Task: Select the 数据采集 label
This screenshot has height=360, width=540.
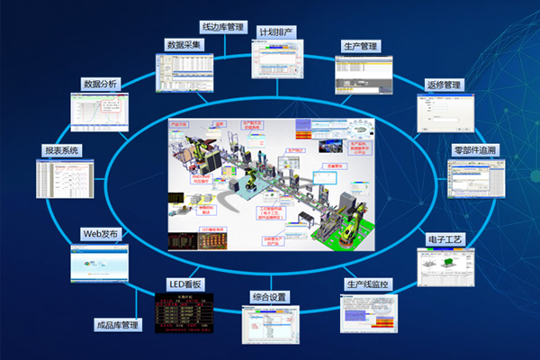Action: [x=185, y=43]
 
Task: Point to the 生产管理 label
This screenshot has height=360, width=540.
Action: [x=362, y=46]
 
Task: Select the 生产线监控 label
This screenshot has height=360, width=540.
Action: [x=369, y=284]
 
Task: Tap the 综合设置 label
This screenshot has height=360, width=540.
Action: [x=269, y=296]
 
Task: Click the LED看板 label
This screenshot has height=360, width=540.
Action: [x=186, y=283]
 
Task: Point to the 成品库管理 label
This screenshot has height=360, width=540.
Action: [x=117, y=323]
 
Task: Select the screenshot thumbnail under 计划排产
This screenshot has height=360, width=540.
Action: [x=278, y=60]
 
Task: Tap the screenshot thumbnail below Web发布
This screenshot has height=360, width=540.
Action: [x=99, y=263]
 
